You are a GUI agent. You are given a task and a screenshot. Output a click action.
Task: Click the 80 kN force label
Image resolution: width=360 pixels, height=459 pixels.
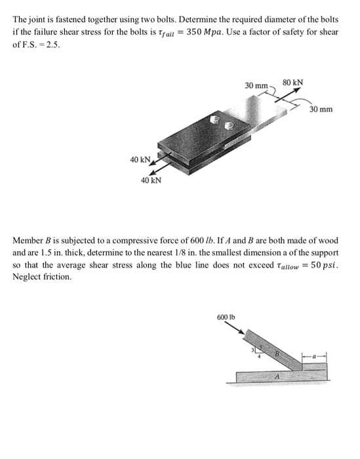pos(292,83)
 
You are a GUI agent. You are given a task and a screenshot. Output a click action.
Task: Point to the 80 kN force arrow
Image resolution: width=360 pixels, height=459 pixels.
pos(292,96)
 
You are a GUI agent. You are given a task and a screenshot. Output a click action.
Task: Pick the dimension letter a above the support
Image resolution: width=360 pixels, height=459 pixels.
pos(313,356)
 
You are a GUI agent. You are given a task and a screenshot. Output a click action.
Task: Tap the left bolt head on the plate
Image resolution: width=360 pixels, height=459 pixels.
pos(213,121)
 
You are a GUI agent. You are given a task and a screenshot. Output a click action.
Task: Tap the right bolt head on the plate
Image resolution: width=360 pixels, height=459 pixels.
pos(229,125)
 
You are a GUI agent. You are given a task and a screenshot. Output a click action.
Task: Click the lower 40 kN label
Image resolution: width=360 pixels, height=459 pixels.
pos(152,180)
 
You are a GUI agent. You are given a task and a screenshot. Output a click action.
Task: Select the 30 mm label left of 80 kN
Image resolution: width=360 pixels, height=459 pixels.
pos(256,86)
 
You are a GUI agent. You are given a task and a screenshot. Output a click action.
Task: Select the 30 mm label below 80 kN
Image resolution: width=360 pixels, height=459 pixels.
pos(321,108)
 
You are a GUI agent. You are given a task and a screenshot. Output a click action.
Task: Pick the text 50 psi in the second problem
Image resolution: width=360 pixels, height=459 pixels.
pos(325,265)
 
